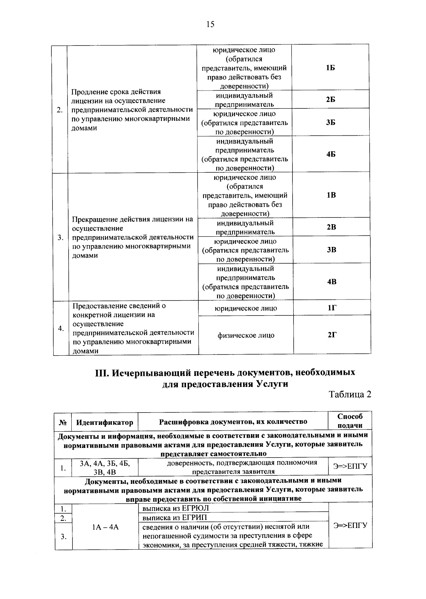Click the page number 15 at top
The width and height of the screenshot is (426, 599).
pyautogui.click(x=210, y=24)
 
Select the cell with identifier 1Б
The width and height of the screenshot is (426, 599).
pyautogui.click(x=330, y=68)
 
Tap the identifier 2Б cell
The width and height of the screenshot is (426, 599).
pyautogui.click(x=331, y=99)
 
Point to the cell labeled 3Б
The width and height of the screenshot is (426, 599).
pyautogui.click(x=331, y=123)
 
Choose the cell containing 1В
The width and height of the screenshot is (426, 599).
pyautogui.click(x=331, y=195)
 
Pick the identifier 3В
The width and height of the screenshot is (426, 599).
pyautogui.click(x=331, y=250)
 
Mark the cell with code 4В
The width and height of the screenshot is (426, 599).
pyautogui.click(x=332, y=282)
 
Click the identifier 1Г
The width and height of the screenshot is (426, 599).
pyautogui.click(x=332, y=308)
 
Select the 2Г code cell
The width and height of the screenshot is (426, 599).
pyautogui.click(x=332, y=335)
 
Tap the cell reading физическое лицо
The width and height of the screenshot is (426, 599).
pyautogui.click(x=246, y=335)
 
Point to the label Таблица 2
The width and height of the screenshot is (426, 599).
pyautogui.click(x=350, y=395)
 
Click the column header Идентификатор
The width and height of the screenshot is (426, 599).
pyautogui.click(x=105, y=422)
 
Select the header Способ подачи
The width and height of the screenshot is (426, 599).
pyautogui.click(x=350, y=421)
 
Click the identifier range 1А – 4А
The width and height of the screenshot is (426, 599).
pyautogui.click(x=105, y=527)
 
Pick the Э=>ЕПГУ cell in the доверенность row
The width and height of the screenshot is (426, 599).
pyautogui.click(x=350, y=466)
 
